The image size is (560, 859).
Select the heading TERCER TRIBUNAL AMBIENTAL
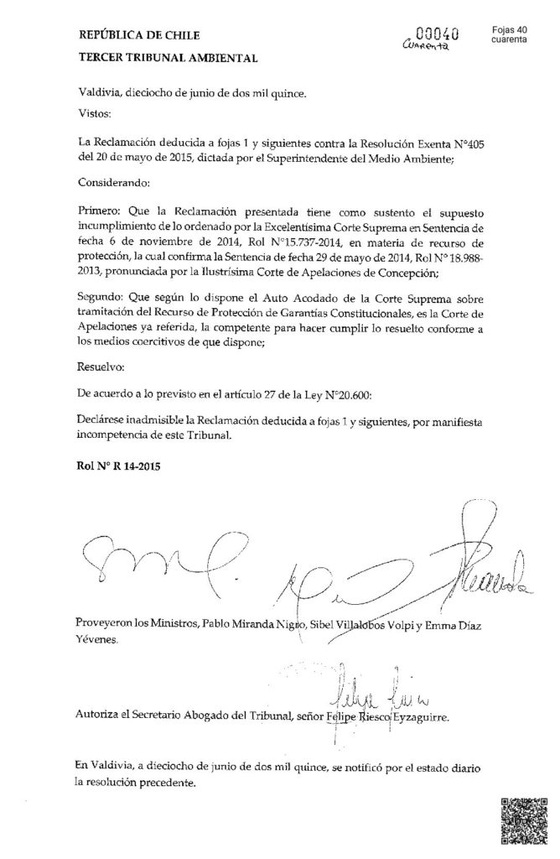[157, 59]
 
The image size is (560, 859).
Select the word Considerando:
[113, 182]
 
